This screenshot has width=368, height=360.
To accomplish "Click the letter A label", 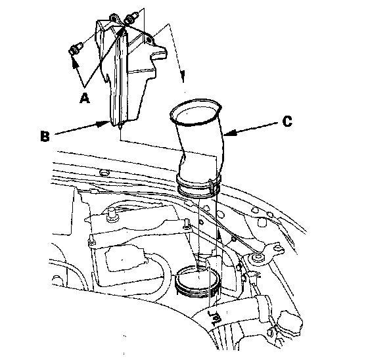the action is click(x=85, y=98).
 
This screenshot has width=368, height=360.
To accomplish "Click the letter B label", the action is click(x=45, y=136).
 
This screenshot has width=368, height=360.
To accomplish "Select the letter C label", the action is click(x=287, y=122).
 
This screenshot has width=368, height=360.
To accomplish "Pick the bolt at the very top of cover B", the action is click(x=131, y=18).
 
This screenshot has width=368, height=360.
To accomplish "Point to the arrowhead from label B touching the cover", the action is click(x=104, y=124).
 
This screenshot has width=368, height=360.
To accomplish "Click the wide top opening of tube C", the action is click(x=196, y=112).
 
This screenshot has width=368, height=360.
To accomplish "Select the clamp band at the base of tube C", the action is click(x=198, y=184).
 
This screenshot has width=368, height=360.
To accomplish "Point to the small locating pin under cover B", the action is click(x=120, y=126).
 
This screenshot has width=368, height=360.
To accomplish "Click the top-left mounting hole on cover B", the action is click(x=114, y=19).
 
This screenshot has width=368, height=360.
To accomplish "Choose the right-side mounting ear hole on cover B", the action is click(x=149, y=40).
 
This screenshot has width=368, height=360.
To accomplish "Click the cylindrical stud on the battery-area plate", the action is click(x=111, y=214).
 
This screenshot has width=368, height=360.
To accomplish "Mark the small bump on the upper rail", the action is click(x=104, y=173).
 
